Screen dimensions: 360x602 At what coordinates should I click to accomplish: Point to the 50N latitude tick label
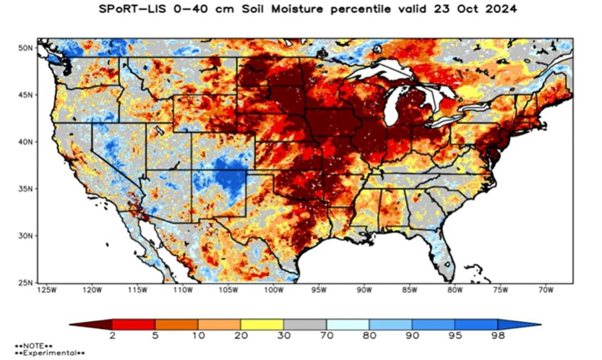pos(26,48)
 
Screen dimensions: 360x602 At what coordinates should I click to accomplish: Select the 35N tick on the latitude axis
pos(26,188)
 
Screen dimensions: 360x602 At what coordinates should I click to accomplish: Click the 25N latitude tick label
pos(26,282)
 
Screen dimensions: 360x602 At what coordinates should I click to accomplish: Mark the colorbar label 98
pos(497,335)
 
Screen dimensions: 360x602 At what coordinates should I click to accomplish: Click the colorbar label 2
pos(112,335)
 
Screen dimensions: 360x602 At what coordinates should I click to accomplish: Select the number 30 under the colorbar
pos(283,335)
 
